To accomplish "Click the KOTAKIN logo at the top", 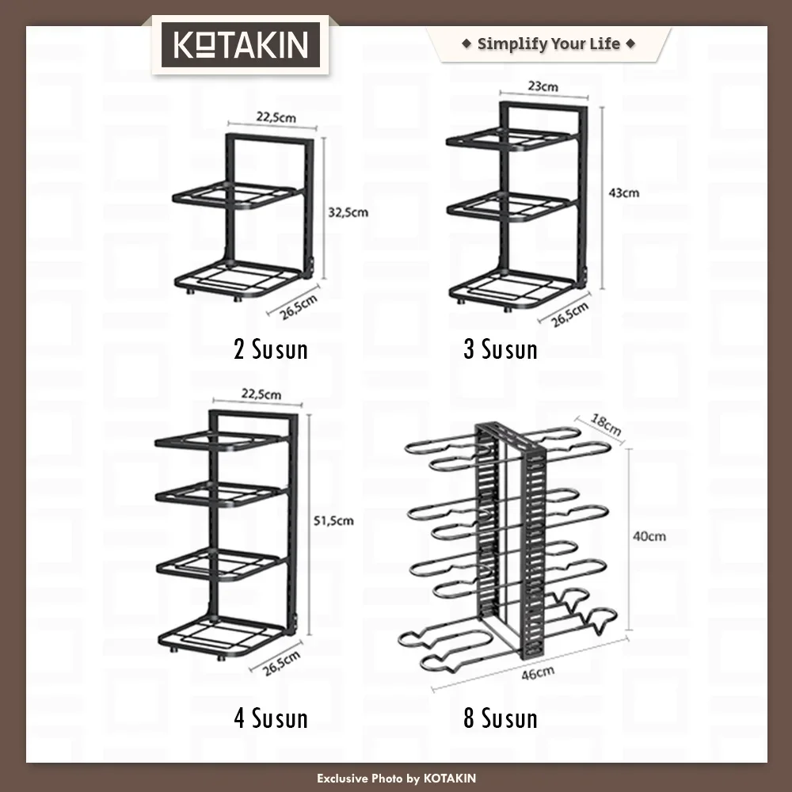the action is [x=241, y=44].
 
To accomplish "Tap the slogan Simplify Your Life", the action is [x=549, y=44].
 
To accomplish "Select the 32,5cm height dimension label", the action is [x=348, y=212].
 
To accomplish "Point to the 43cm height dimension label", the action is [x=624, y=192].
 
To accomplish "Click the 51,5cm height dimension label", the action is [x=333, y=520].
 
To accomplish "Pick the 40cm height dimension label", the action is [x=649, y=536].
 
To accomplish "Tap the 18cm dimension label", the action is [x=606, y=425].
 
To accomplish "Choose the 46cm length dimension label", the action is [x=538, y=672].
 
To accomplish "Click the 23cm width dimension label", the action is [x=543, y=86].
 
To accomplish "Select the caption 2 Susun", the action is [x=271, y=349].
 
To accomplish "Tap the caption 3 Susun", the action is [x=501, y=349].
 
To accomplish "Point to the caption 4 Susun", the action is [x=271, y=718].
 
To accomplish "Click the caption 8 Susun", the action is [x=501, y=718].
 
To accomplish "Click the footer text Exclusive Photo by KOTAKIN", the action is [x=397, y=779].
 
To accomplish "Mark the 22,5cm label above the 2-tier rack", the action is [x=276, y=117].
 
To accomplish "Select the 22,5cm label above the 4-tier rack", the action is [x=261, y=394].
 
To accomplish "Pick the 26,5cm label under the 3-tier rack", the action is [x=569, y=314].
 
